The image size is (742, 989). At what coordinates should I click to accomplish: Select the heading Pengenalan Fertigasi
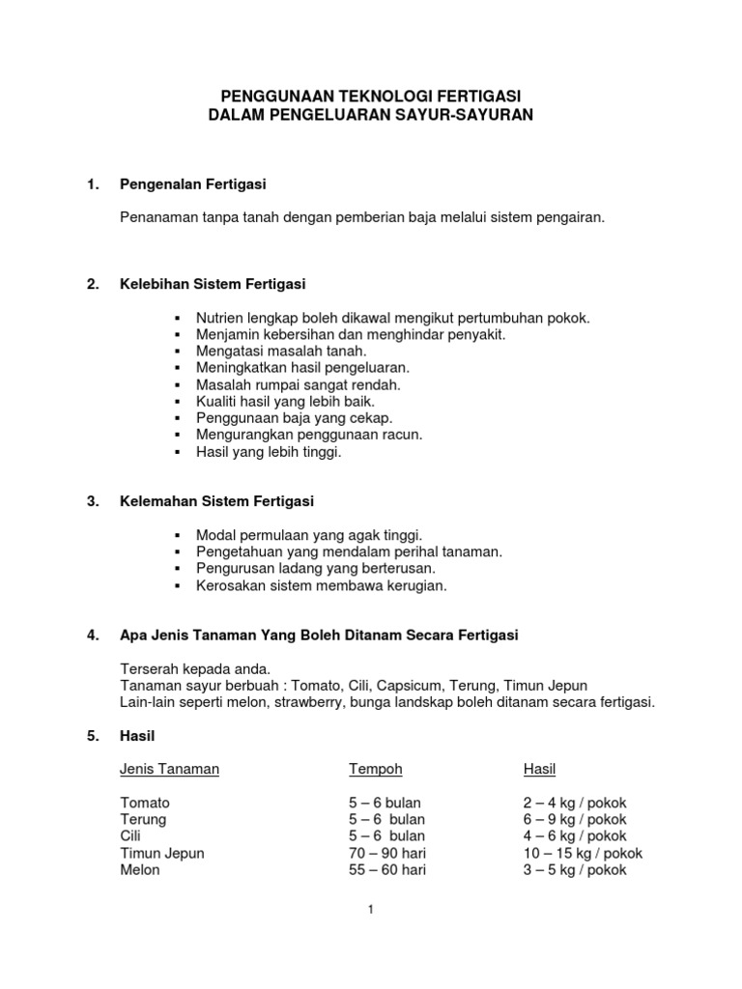tap(192, 184)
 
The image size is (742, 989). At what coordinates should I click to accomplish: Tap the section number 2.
tap(93, 284)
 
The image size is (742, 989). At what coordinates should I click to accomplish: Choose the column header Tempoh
tap(376, 769)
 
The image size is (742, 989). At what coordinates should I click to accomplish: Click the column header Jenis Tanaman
tap(169, 769)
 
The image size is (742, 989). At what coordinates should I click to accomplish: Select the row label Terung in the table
tap(143, 819)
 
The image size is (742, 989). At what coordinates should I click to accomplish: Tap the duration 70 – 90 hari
tap(387, 853)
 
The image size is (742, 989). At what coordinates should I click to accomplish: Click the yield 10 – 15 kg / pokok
tap(583, 853)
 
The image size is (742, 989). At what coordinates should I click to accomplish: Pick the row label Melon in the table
tap(140, 869)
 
